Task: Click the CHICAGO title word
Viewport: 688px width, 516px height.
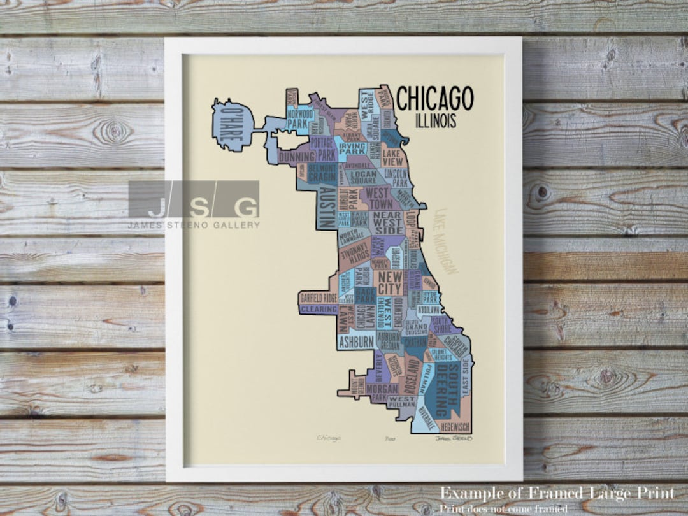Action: click(x=435, y=99)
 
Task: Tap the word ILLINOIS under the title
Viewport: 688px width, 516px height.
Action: click(x=435, y=120)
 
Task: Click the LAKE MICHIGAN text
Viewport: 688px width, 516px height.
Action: click(x=448, y=242)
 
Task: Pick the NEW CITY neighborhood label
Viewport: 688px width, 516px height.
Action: click(x=390, y=283)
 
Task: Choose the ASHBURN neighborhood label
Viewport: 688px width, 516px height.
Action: click(x=355, y=342)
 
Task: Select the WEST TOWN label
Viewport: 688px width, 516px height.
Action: click(x=380, y=198)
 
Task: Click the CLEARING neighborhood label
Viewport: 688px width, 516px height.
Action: click(x=318, y=309)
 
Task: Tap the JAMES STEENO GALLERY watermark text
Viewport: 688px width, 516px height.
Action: click(x=194, y=224)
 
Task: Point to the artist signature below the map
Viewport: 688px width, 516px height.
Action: click(x=453, y=438)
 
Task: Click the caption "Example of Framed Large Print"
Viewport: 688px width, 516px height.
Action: click(x=556, y=494)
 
